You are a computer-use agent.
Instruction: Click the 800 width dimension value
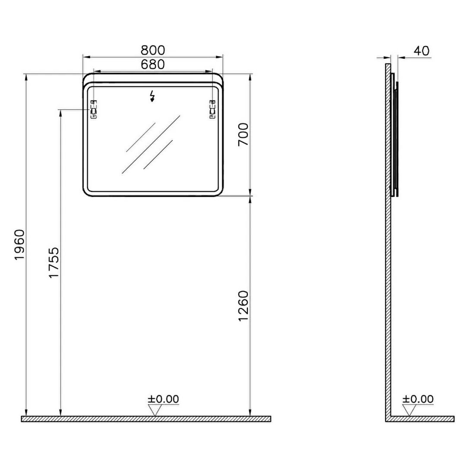pyautogui.click(x=153, y=51)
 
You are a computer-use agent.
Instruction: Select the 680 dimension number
pyautogui.click(x=153, y=64)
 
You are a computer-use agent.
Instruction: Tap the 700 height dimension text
pyautogui.click(x=244, y=134)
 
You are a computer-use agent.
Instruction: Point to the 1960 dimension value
pyautogui.click(x=20, y=245)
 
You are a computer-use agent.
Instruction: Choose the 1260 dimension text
pyautogui.click(x=244, y=306)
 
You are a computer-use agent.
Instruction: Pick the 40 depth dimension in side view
pyautogui.click(x=421, y=51)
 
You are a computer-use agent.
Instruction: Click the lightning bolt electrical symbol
pyautogui.click(x=152, y=96)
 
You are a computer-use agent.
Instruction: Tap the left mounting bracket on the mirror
pyautogui.click(x=93, y=109)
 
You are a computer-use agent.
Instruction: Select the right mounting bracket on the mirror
pyautogui.click(x=212, y=109)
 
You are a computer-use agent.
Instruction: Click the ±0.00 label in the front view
pyautogui.click(x=163, y=399)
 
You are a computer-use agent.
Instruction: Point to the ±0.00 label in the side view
pyautogui.click(x=418, y=399)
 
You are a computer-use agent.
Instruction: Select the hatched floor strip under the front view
pyautogui.click(x=146, y=419)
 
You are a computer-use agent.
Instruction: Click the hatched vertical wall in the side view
pyautogui.click(x=388, y=242)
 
